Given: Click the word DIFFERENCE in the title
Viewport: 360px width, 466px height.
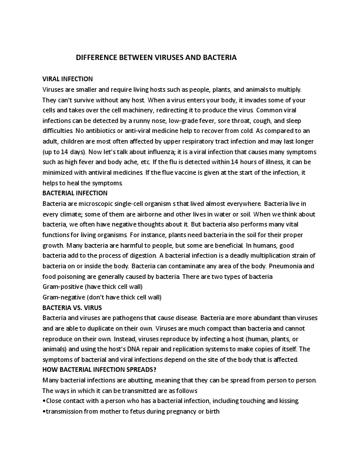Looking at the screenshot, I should (x=98, y=58).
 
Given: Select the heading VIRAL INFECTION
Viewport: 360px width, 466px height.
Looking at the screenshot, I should (x=68, y=79).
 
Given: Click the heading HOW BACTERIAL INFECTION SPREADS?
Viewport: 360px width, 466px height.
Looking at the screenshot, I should (x=99, y=370).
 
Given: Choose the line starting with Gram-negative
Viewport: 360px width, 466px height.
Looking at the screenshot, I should (x=102, y=297).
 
